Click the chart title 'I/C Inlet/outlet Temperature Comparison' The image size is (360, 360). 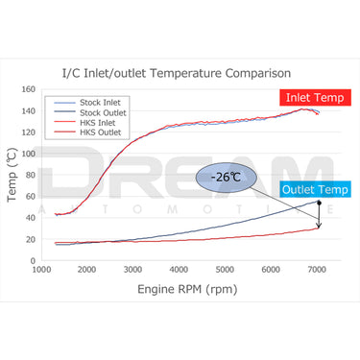[182, 72]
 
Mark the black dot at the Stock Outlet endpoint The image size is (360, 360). [318, 202]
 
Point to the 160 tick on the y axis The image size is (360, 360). [29, 90]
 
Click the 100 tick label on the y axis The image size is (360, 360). [29, 154]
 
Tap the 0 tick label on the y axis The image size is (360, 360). [33, 259]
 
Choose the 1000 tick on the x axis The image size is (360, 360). [42, 270]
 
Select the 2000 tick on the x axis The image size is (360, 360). [88, 270]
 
